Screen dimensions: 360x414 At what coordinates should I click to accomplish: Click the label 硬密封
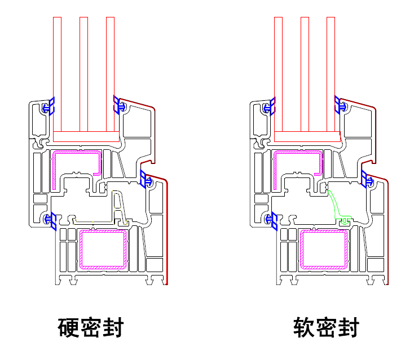point(91,327)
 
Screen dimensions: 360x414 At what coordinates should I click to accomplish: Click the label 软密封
point(325,327)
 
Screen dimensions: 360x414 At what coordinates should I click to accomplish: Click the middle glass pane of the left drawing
point(83,73)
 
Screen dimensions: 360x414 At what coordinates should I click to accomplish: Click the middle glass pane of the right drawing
point(305,73)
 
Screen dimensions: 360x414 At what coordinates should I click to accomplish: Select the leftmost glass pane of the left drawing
point(57,73)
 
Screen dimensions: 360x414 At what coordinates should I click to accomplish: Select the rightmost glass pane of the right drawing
point(331,73)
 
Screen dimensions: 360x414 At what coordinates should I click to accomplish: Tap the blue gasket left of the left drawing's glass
point(49,106)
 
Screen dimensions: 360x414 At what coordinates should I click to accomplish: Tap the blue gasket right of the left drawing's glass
point(119,105)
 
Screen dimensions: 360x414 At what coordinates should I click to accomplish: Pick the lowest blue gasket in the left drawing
point(51,220)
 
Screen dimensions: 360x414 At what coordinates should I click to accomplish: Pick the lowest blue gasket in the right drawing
point(272,220)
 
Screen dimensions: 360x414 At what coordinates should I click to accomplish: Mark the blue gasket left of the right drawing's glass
point(270,106)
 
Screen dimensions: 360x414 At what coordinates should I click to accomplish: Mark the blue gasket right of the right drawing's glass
point(340,105)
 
